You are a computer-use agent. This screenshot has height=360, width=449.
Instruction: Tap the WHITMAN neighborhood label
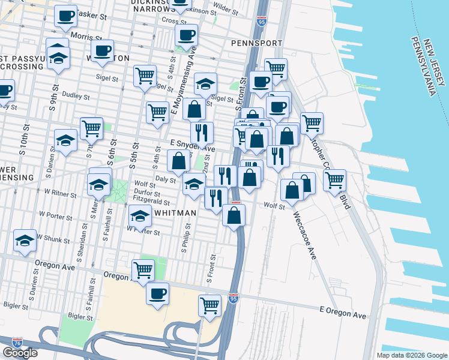tap(175, 213)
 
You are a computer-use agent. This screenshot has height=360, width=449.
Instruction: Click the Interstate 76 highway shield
tap(18, 342)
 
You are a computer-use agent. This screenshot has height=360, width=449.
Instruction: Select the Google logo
tap(20, 353)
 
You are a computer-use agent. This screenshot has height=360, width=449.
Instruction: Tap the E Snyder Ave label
tap(192, 145)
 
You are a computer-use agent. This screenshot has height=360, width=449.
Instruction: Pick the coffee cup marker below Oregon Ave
tap(158, 294)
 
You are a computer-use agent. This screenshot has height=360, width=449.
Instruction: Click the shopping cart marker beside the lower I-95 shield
tap(209, 305)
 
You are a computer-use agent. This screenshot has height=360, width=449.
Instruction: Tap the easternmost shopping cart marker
tap(334, 179)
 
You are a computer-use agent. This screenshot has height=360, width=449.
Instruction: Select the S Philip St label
tap(187, 238)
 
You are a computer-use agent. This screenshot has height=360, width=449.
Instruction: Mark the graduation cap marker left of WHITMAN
tap(140, 216)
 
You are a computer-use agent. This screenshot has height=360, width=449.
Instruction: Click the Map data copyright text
tap(411, 355)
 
